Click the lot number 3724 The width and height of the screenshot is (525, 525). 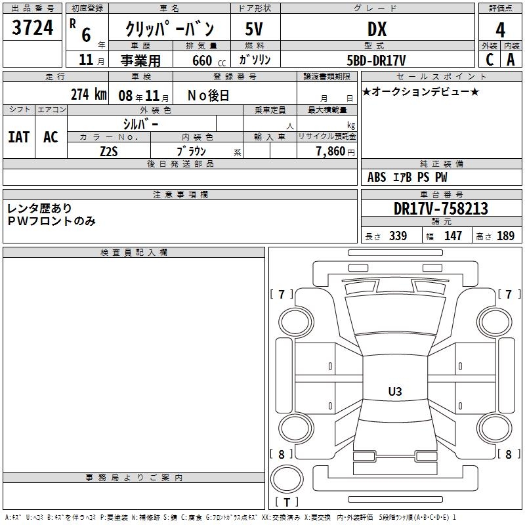point(32,28)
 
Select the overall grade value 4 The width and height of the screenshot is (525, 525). point(500,30)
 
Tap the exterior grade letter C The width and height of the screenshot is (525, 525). point(490,60)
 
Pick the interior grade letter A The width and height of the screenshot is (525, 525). point(511,60)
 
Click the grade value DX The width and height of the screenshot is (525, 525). point(377,29)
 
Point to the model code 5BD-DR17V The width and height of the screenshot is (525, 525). point(376,60)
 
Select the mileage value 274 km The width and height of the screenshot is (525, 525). point(89,94)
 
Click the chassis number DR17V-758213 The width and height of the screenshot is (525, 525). point(441,209)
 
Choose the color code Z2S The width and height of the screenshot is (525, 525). point(109,152)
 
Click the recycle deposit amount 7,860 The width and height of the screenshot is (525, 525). point(331,152)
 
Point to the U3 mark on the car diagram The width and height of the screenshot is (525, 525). point(395,391)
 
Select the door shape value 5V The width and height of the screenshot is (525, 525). point(254,29)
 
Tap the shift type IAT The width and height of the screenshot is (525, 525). point(19,137)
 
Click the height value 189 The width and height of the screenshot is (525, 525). point(505,236)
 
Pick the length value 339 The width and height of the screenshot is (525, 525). point(398,236)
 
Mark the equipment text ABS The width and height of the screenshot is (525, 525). point(377,177)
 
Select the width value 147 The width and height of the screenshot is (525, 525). point(453,236)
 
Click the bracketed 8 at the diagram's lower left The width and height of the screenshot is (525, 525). point(282,454)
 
